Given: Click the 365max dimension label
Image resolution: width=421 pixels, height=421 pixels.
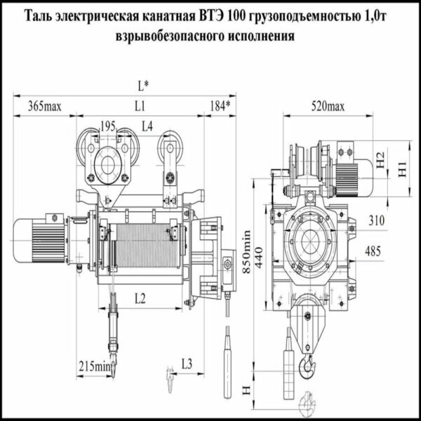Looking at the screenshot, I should click(x=45, y=107).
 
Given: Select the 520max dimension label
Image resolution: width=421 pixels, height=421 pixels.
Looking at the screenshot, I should click(x=327, y=107).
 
